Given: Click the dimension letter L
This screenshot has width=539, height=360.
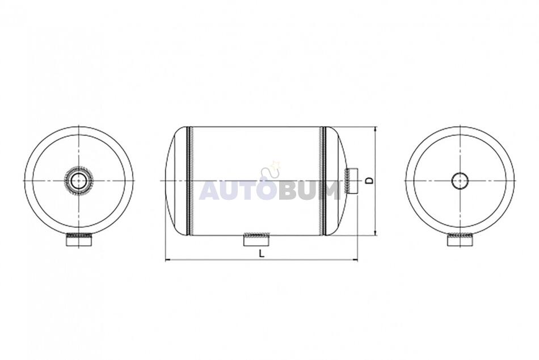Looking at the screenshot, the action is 262,254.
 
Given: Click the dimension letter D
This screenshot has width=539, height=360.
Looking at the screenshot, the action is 369,181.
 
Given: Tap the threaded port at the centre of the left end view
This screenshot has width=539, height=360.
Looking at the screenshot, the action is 79,181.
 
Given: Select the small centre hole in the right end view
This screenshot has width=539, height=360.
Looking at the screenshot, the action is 460,181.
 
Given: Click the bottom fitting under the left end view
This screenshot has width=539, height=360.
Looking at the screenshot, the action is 79,240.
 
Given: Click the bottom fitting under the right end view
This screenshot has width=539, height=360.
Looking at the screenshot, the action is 460,240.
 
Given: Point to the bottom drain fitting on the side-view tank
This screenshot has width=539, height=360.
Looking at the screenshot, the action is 256,240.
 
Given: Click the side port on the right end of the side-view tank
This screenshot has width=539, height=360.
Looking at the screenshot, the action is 351,181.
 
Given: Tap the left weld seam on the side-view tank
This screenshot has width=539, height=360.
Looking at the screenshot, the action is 189,181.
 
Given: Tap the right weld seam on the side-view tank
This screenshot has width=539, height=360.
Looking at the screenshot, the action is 323,181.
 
